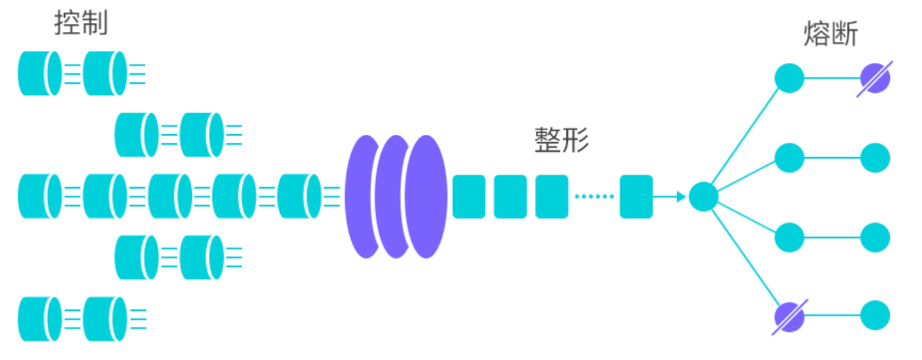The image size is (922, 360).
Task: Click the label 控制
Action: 81,24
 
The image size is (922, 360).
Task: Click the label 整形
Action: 561,139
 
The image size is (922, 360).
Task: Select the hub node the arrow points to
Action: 703,196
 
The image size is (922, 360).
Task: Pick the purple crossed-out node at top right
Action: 875,79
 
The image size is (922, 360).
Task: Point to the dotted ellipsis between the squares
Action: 594,196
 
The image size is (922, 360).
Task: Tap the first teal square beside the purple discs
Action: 469,196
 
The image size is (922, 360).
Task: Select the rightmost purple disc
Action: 426,196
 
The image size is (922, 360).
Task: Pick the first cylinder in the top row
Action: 39,73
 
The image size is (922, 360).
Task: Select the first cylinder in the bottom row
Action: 39,319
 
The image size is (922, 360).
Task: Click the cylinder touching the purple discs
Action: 299,196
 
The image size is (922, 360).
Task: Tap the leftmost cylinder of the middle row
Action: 39,196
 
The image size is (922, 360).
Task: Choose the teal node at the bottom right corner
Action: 875,315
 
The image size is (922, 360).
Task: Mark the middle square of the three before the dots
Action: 510,196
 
